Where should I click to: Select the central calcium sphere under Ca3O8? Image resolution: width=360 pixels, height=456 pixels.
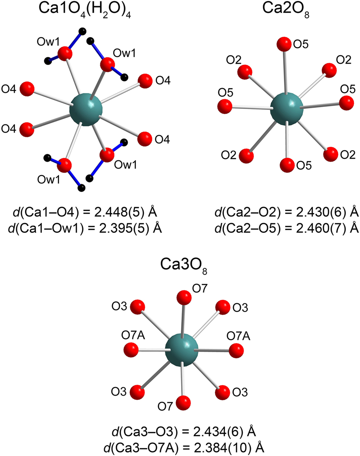coord(181,349)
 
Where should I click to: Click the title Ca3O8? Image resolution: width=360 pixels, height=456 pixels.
coord(183,265)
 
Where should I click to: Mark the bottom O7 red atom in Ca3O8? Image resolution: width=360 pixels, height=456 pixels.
coord(183,402)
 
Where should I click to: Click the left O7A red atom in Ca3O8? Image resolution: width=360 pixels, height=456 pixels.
coord(130,349)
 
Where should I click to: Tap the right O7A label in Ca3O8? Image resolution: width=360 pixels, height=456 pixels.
coord(238,336)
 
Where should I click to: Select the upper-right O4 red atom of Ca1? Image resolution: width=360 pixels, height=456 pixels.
coord(145,81)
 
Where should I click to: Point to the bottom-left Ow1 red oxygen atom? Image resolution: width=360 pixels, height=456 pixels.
coord(65,165)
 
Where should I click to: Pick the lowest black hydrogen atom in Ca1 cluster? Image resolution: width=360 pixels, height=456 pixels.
coord(82,188)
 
